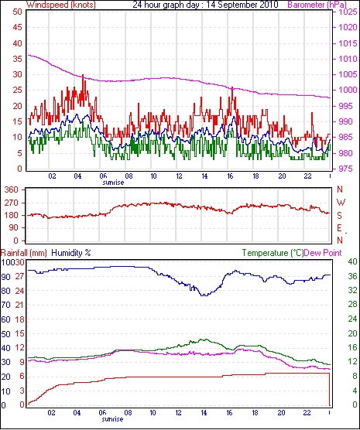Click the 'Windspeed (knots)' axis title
point(61,5)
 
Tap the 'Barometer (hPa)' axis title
point(317,5)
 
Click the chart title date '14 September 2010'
point(242,5)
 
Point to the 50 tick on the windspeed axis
point(17,12)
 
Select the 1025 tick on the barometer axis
point(347,12)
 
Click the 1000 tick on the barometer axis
point(347,90)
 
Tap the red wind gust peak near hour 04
point(83,75)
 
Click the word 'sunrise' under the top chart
point(113,183)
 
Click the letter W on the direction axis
point(341,203)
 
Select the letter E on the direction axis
point(339,228)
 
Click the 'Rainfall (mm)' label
point(24,253)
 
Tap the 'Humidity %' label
point(71,253)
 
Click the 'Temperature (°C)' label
point(273,253)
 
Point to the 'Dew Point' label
point(323,253)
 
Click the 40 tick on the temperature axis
point(353,261)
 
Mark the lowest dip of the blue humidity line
point(204,295)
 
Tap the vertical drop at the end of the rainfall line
point(329,389)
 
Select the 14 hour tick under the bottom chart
point(204,413)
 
